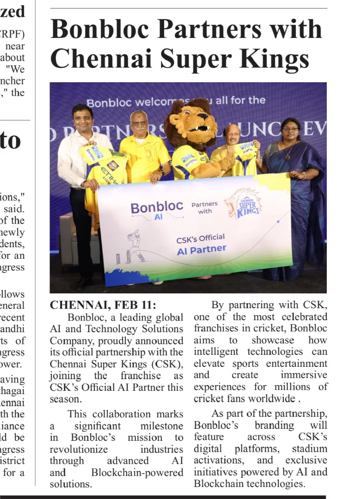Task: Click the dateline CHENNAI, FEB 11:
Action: pyautogui.click(x=103, y=305)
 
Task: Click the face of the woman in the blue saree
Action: pyautogui.click(x=290, y=132)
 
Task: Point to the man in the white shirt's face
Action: pyautogui.click(x=83, y=119)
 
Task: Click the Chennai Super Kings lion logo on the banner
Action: pyautogui.click(x=243, y=203)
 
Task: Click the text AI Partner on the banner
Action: pyautogui.click(x=201, y=249)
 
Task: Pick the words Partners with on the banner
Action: pyautogui.click(x=205, y=207)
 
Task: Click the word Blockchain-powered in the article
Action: pyautogui.click(x=137, y=472)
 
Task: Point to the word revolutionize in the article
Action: pyautogui.click(x=79, y=449)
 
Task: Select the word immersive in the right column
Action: pyautogui.click(x=304, y=375)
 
